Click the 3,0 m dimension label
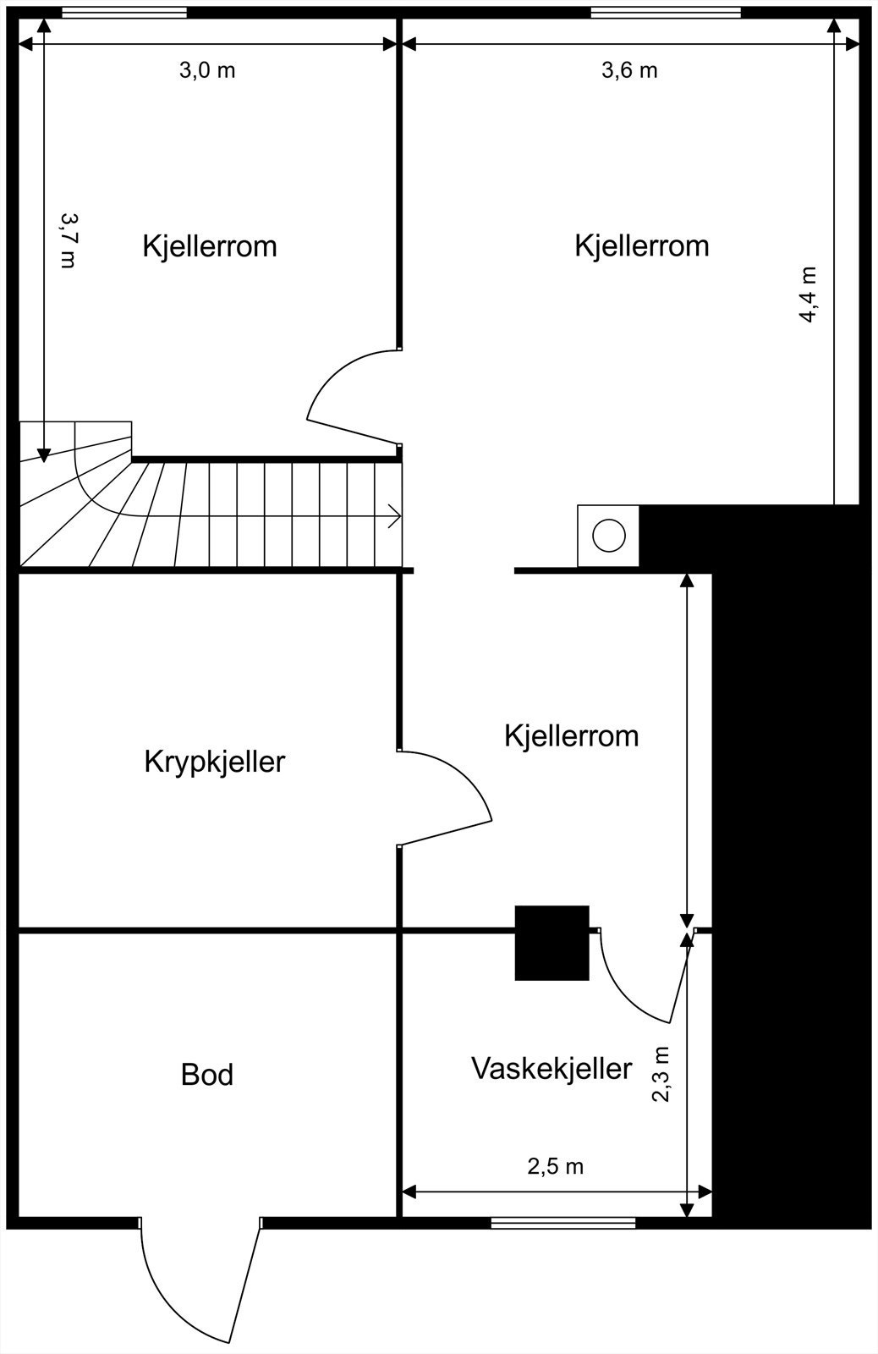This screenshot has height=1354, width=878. (x=207, y=70)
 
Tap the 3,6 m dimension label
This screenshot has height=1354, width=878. (x=629, y=70)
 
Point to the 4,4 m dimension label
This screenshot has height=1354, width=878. (x=808, y=294)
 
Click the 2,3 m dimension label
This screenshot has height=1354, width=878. (x=661, y=1073)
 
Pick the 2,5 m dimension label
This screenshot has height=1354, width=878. (x=556, y=1166)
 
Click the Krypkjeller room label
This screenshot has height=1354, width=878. (x=215, y=762)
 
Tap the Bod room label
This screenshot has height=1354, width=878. (x=207, y=1075)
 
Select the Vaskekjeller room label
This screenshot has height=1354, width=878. (x=551, y=1068)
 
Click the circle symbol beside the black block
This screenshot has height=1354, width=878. (x=609, y=536)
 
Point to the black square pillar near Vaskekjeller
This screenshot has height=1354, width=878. (x=551, y=942)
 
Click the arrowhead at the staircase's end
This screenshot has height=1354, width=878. (x=394, y=515)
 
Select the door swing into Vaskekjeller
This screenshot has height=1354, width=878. (x=643, y=982)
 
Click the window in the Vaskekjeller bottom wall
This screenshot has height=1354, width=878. (x=563, y=1222)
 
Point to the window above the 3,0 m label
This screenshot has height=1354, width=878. (x=124, y=13)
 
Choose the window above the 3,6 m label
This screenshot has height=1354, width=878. (x=666, y=13)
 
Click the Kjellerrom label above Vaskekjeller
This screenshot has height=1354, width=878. (x=572, y=735)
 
